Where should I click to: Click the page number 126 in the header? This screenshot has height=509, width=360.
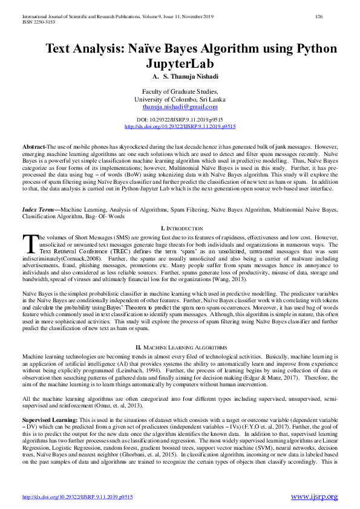[319, 18]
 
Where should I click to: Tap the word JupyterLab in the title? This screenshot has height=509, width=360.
[180, 63]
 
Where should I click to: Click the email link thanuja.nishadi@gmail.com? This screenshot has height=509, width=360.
[180, 106]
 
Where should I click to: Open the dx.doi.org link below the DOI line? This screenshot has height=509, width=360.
[180, 127]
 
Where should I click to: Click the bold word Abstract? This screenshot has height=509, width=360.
[34, 147]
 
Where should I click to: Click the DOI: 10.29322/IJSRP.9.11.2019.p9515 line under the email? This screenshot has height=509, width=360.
[180, 121]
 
